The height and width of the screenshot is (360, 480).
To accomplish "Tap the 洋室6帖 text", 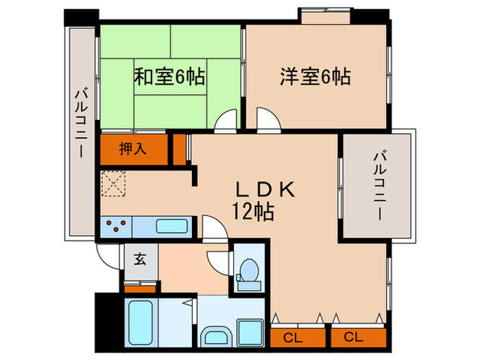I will point(315,77).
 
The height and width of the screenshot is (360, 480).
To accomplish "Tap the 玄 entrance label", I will point(140,259).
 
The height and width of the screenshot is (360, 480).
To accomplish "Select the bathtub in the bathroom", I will point(141,321).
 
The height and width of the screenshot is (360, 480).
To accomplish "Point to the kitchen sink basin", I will point(167,226).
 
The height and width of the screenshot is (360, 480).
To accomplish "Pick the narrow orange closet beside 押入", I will point(179,148).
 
